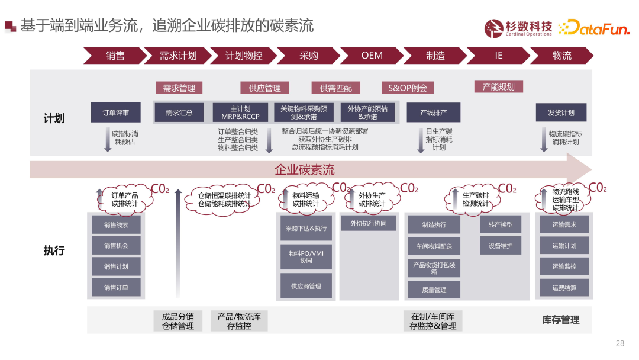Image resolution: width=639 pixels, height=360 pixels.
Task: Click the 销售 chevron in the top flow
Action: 115,56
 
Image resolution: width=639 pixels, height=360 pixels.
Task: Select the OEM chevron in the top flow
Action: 372,56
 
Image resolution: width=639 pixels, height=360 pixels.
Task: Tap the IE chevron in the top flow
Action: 498,56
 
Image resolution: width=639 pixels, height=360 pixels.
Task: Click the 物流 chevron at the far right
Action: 561,56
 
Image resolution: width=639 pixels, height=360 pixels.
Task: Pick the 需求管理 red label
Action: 179,88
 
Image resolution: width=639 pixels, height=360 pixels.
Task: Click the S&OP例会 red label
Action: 407,88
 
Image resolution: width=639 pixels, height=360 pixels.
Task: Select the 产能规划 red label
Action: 498,86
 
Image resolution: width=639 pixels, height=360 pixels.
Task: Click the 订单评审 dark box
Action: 115,112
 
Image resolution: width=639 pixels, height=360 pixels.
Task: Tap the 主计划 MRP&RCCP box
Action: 240,112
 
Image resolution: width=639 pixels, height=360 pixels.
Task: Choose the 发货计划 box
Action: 561,112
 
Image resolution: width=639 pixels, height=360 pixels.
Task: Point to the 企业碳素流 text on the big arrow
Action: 304,170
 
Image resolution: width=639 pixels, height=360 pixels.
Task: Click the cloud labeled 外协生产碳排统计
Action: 372,200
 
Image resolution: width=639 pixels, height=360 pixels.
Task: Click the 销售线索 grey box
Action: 116,225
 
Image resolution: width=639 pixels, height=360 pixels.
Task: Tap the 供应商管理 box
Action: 306,286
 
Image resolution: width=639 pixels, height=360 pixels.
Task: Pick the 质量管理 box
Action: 434,290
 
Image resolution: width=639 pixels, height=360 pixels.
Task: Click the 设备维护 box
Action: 501,246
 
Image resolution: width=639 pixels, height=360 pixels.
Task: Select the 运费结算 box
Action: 564,288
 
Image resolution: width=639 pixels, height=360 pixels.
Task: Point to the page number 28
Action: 620,343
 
